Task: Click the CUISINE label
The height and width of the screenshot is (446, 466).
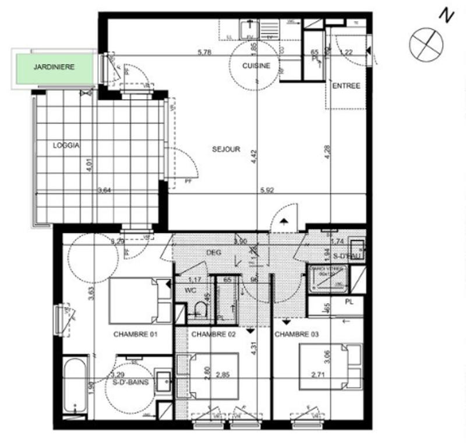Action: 256,66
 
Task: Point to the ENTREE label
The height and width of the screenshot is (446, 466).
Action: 346,86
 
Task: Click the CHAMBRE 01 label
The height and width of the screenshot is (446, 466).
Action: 135,334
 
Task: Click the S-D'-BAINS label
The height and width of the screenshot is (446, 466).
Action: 131,383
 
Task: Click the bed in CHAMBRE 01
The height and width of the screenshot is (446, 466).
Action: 139,300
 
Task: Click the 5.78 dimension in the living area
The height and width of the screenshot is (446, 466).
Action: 204,53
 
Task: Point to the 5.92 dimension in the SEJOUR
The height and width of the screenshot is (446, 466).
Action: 267,190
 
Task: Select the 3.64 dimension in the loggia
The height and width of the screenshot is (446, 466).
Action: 104,190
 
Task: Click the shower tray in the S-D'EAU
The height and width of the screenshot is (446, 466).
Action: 327,279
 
